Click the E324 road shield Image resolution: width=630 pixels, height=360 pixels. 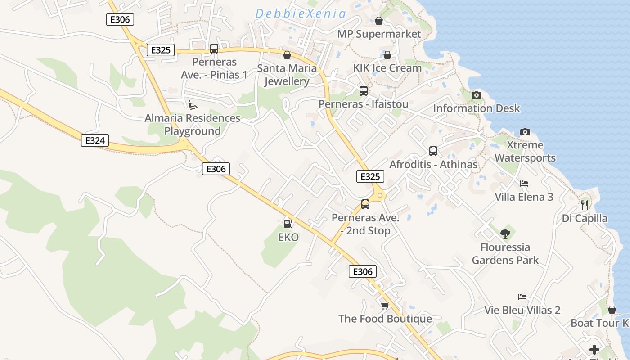(x=95, y=140)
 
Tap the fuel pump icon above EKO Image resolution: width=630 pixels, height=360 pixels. (x=288, y=223)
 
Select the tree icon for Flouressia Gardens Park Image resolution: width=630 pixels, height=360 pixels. (x=505, y=234)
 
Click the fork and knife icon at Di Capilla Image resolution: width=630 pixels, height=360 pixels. (x=585, y=205)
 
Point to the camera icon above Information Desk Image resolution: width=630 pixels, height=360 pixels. (x=476, y=95)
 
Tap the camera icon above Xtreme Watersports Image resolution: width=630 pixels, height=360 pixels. (x=525, y=132)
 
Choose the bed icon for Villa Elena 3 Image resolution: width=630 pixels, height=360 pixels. (x=524, y=184)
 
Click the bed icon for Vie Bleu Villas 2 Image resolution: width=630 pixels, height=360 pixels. (x=522, y=297)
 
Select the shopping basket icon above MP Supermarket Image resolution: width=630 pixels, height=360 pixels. (x=379, y=21)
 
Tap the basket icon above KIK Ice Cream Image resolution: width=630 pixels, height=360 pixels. (x=387, y=55)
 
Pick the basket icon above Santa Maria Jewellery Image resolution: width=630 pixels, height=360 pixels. (x=287, y=55)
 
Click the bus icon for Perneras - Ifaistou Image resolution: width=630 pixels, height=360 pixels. (x=363, y=91)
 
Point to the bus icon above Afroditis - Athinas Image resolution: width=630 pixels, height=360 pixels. (x=433, y=151)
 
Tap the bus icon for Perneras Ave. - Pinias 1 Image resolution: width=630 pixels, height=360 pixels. (x=214, y=49)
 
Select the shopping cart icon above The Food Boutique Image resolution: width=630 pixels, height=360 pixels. (x=385, y=306)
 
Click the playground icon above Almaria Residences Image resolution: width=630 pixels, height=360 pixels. (x=192, y=105)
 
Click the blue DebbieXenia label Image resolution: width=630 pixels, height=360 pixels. (x=301, y=14)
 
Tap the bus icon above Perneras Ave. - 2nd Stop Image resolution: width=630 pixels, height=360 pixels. (x=365, y=204)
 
